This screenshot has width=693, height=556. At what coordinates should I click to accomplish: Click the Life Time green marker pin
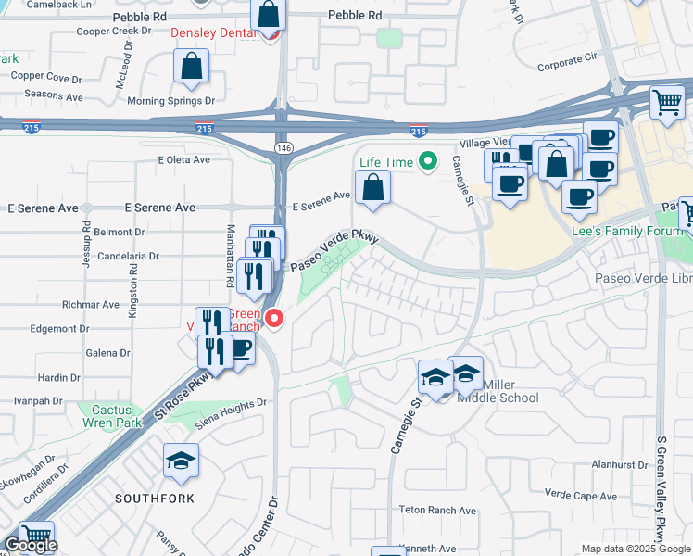click(x=427, y=162)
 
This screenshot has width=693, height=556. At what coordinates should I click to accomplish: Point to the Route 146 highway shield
click(x=282, y=148)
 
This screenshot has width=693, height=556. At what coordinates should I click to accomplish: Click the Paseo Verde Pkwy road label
click(x=335, y=251)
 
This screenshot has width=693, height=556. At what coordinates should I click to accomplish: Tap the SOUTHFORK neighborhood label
click(x=154, y=499)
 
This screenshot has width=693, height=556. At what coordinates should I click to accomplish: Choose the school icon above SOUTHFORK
click(x=181, y=461)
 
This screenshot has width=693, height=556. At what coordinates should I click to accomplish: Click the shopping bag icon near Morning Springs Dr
click(x=191, y=66)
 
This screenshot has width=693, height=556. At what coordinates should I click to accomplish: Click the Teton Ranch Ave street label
click(x=437, y=511)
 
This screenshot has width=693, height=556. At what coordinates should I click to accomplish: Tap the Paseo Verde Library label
click(x=643, y=278)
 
